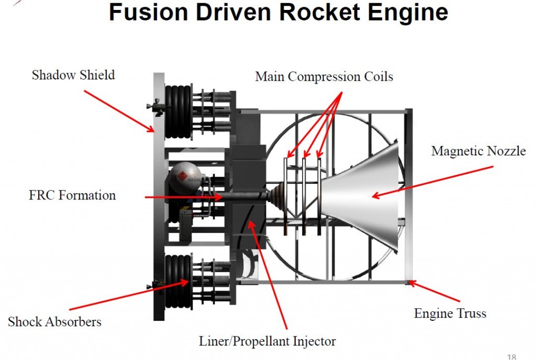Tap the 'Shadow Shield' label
click(73, 75)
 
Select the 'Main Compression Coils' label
click(324, 76)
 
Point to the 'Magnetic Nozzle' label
click(478, 151)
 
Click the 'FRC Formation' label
click(72, 196)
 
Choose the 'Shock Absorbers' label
click(54, 321)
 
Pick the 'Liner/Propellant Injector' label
click(267, 342)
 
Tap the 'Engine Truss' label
click(450, 313)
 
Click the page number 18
click(512, 357)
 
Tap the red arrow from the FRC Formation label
click(183, 197)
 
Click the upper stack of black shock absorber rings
click(177, 112)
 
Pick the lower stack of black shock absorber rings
click(177, 281)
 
